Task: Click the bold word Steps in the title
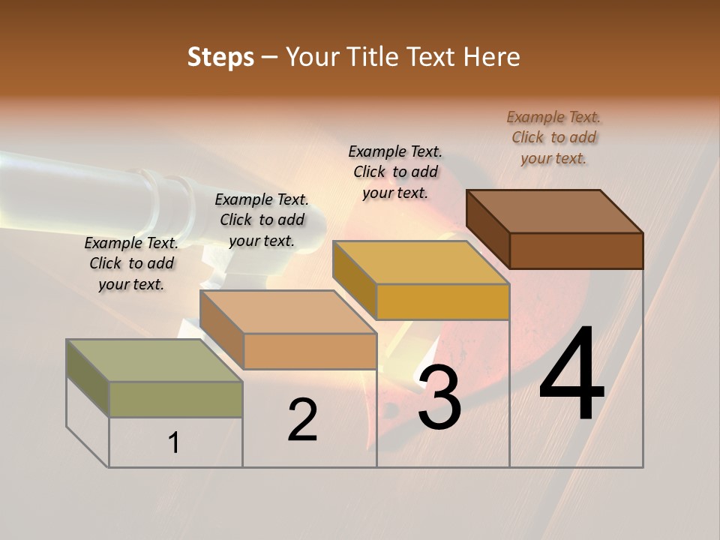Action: click(x=220, y=57)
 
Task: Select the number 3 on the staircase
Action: click(x=439, y=397)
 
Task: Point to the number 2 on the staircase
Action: click(x=303, y=420)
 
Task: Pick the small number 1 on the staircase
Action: click(x=174, y=443)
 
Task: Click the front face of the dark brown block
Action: click(x=576, y=250)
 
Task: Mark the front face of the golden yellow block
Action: click(x=442, y=301)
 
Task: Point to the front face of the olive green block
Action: click(x=175, y=399)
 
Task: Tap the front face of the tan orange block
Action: click(x=310, y=351)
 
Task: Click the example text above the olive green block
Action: click(x=131, y=263)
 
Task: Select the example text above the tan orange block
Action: click(x=262, y=220)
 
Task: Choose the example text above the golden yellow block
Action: click(x=395, y=172)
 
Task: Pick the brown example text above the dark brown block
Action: click(x=553, y=137)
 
